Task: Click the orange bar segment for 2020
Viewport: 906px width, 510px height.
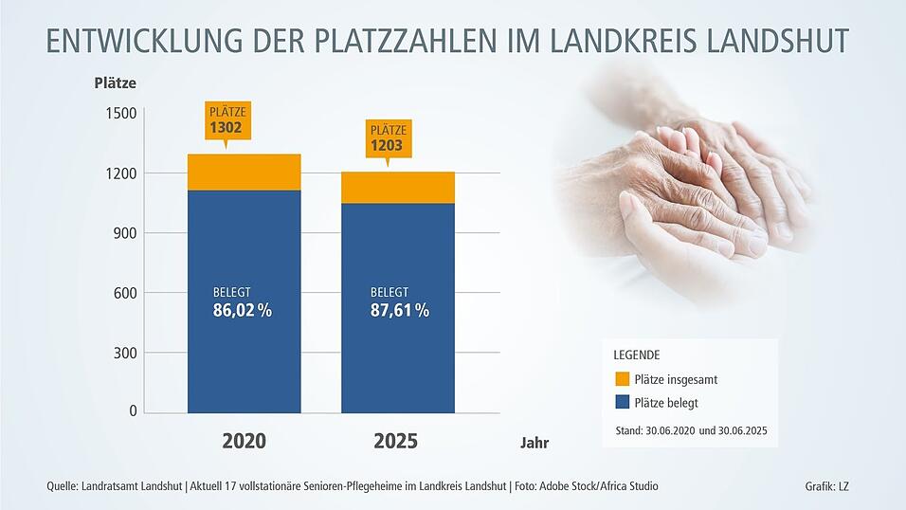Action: point(244,172)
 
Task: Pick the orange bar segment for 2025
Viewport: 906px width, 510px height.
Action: point(398,188)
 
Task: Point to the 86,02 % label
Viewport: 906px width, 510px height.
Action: point(244,310)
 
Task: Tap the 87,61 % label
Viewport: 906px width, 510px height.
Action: point(399,310)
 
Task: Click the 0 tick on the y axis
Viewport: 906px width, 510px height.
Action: point(133,412)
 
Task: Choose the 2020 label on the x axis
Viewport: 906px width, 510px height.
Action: point(244,442)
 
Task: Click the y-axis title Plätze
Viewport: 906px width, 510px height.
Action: point(116,82)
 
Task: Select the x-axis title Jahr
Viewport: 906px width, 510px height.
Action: point(534,443)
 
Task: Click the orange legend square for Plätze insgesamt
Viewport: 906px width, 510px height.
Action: point(622,379)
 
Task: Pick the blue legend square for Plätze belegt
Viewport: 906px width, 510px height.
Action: point(622,402)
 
